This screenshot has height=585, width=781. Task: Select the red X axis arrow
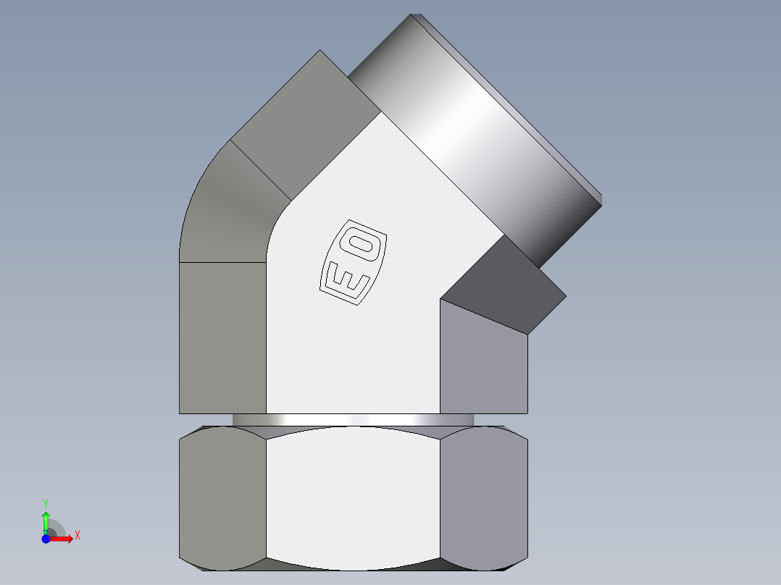click(x=62, y=538)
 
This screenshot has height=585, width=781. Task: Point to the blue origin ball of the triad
click(x=46, y=538)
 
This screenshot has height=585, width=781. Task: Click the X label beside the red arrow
click(x=77, y=536)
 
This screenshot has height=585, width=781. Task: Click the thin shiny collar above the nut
click(x=353, y=420)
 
